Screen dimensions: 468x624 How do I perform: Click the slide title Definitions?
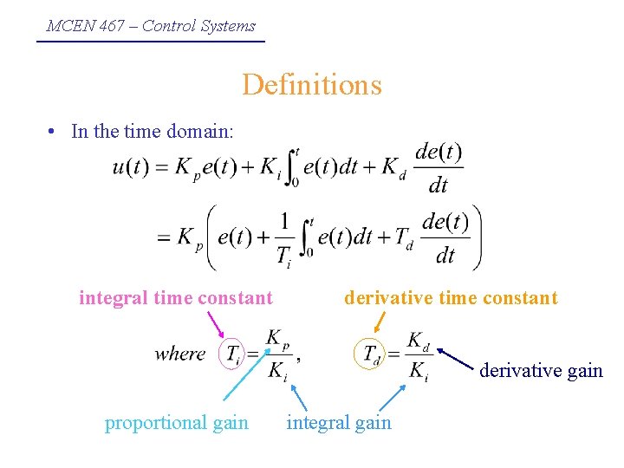(x=312, y=85)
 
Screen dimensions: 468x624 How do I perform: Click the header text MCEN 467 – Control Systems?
(x=151, y=26)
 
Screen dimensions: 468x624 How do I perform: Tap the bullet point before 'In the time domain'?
(x=54, y=132)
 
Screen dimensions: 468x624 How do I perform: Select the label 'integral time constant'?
(x=176, y=298)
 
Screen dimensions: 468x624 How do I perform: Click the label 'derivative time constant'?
(x=451, y=298)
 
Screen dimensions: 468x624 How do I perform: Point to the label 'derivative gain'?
(x=541, y=371)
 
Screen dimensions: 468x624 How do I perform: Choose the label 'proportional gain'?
(x=177, y=423)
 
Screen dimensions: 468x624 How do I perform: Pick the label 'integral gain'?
(x=339, y=423)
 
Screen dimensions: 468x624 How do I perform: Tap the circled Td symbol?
(x=372, y=354)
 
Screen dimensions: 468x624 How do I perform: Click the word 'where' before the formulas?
(x=180, y=354)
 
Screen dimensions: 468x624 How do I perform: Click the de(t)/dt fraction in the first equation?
(x=439, y=167)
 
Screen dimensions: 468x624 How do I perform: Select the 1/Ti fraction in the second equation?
(x=283, y=236)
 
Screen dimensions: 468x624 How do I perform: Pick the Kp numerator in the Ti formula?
(x=278, y=338)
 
